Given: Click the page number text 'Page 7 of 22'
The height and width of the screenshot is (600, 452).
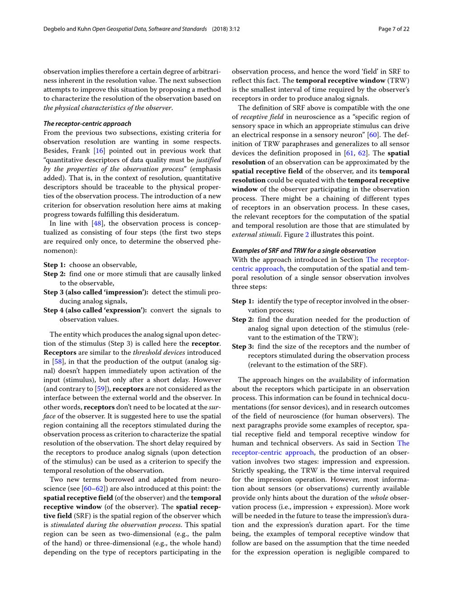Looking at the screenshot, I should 394,29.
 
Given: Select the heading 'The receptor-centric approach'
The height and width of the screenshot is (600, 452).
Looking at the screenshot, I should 87,124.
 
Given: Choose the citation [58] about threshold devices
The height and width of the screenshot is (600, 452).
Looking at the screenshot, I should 58,362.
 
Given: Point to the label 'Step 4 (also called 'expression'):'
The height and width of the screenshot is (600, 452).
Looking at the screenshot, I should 95,310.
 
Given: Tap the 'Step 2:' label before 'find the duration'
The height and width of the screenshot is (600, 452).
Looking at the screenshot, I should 243,319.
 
